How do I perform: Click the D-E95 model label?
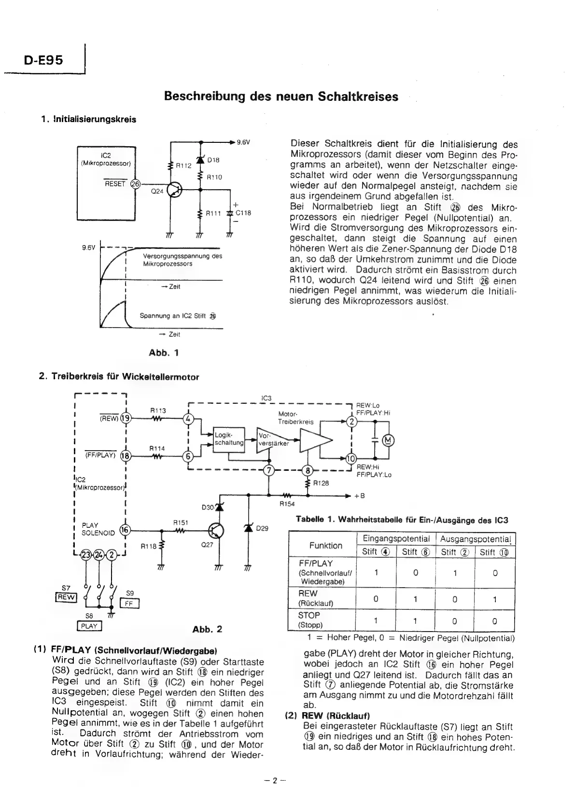coord(43,60)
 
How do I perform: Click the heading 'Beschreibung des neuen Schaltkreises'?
coord(281,96)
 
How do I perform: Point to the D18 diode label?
coord(213,159)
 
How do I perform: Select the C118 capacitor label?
coord(244,213)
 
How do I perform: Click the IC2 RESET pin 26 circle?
coord(136,184)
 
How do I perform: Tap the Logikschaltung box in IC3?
coord(229,440)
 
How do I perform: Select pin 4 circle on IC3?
coord(188,419)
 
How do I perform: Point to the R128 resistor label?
coord(321,482)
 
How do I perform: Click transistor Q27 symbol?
coord(216,531)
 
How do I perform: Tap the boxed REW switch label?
coord(66,597)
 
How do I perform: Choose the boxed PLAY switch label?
coord(89,626)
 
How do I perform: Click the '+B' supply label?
coord(360,495)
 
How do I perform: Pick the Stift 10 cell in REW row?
coord(494,599)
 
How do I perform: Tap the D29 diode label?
coord(262,528)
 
